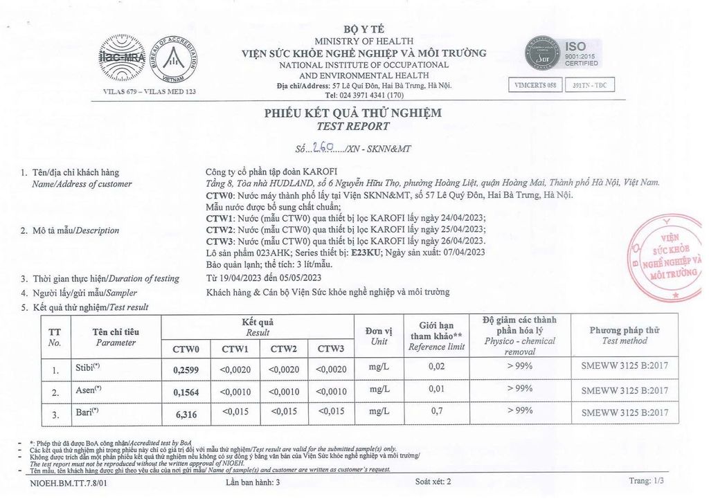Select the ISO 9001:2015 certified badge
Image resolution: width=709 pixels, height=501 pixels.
tap(562, 54)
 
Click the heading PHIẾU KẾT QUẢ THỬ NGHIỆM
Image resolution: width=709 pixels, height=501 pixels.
tap(352, 113)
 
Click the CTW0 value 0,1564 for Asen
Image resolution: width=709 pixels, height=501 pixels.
tap(186, 392)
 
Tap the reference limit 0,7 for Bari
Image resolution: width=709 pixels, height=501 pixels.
tap(436, 411)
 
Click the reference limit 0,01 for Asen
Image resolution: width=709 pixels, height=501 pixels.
tap(436, 390)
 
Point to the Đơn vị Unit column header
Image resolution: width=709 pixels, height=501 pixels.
tap(379, 336)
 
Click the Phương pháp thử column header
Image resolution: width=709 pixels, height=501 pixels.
tap(625, 335)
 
